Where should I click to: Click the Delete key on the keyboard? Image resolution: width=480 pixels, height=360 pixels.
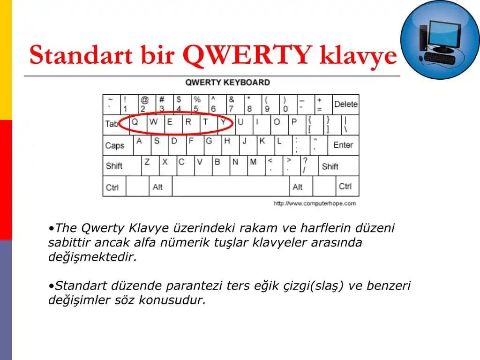pyautogui.click(x=346, y=105)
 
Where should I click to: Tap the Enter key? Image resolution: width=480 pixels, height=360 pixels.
pyautogui.click(x=343, y=145)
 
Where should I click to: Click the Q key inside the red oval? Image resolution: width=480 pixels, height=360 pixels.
pyautogui.click(x=135, y=124)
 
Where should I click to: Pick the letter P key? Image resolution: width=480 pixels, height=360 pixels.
pyautogui.click(x=294, y=124)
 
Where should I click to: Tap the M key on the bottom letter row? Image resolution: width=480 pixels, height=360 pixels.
pyautogui.click(x=254, y=165)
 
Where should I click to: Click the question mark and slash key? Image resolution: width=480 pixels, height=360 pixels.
pyautogui.click(x=305, y=165)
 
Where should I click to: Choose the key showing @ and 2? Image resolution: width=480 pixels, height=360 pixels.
pyautogui.click(x=144, y=105)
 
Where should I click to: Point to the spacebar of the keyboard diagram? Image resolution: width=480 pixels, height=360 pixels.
pyautogui.click(x=231, y=186)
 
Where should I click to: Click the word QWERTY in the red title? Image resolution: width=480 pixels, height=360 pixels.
pyautogui.click(x=247, y=55)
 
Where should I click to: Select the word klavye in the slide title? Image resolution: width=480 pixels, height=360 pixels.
pyautogui.click(x=358, y=55)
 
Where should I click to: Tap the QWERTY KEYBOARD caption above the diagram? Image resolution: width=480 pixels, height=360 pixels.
pyautogui.click(x=228, y=82)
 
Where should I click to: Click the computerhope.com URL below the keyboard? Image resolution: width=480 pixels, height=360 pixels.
pyautogui.click(x=315, y=203)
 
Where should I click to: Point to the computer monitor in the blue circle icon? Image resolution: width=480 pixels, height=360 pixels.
pyautogui.click(x=443, y=35)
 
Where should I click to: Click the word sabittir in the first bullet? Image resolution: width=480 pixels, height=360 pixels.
pyautogui.click(x=66, y=243)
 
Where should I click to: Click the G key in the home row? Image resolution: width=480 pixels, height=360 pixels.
pyautogui.click(x=209, y=144)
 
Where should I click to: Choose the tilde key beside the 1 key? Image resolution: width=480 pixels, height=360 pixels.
pyautogui.click(x=111, y=105)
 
